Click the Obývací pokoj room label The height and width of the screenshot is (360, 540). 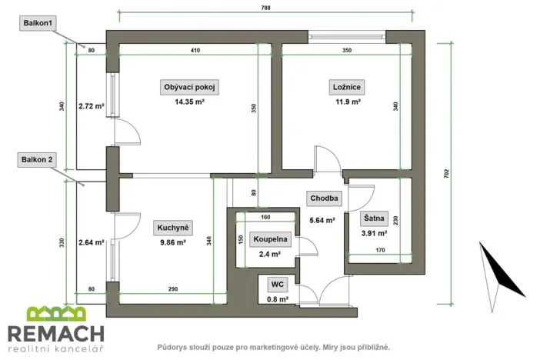point(189,87)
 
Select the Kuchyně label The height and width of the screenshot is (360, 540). point(173,228)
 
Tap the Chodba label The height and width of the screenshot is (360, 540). point(323,198)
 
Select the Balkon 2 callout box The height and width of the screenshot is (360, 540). point(38,160)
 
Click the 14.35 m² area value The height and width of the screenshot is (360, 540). point(189,102)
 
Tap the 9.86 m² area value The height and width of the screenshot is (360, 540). point(172,243)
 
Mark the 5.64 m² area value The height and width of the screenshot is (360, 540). point(322,220)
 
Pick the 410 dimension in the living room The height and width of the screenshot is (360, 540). point(195,50)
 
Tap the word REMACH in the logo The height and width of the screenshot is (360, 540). point(55,334)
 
